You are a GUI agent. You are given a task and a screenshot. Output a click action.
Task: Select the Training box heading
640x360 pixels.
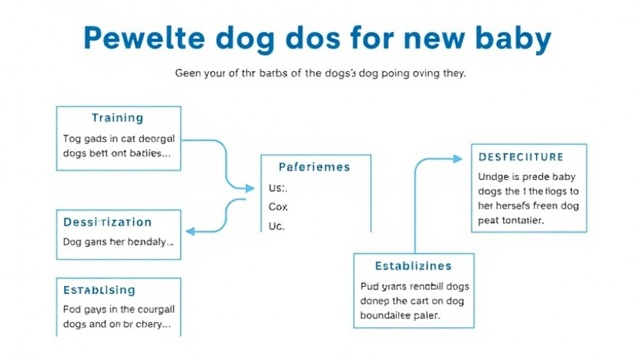click(x=117, y=118)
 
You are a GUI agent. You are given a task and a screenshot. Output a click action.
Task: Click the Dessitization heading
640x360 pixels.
click(x=107, y=222)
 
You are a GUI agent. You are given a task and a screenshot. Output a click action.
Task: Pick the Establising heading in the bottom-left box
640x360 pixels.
click(x=99, y=290)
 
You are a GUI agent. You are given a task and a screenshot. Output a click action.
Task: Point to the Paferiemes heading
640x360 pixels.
click(x=314, y=167)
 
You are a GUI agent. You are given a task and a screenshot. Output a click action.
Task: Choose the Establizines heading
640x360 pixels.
click(x=413, y=266)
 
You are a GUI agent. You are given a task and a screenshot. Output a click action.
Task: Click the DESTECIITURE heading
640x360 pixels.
click(x=521, y=157)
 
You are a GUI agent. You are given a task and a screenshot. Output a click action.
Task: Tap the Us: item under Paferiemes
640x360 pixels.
click(x=277, y=189)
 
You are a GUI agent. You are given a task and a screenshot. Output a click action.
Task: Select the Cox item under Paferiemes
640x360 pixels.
click(x=277, y=207)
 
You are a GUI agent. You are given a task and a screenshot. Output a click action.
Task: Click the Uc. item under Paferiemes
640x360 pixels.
click(x=277, y=226)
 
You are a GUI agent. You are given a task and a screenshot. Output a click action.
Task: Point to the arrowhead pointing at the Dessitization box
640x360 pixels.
click(x=190, y=231)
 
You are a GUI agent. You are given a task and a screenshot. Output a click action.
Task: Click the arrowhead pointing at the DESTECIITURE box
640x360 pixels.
click(x=457, y=159)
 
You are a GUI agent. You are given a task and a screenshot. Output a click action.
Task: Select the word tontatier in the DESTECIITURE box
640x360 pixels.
click(x=518, y=221)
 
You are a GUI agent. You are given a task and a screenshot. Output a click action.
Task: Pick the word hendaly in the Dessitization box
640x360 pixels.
click(x=151, y=242)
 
